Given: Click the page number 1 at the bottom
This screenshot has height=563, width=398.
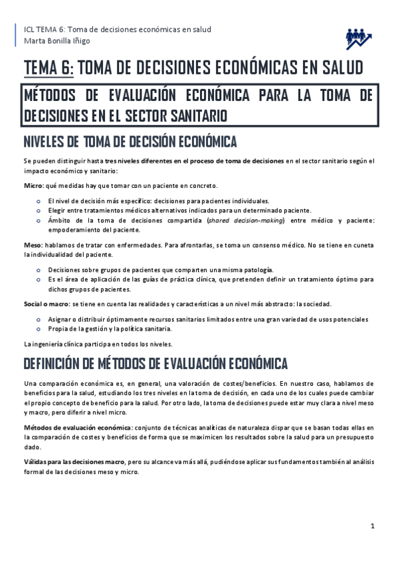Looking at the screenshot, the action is (x=373, y=526).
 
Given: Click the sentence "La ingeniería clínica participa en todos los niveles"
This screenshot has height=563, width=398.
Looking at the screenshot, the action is (x=98, y=344).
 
